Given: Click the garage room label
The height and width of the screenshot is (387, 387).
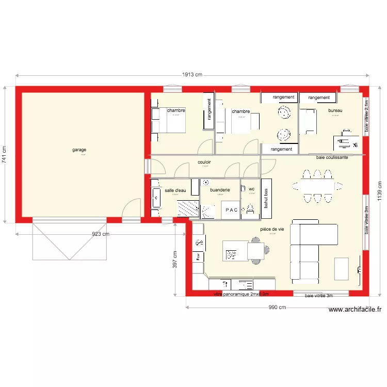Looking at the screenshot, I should [x=79, y=150].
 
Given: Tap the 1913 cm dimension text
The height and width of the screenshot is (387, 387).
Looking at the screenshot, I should [x=191, y=75].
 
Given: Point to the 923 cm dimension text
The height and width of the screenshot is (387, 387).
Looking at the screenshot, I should [x=101, y=234].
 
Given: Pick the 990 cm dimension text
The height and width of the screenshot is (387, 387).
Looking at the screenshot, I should [x=277, y=308].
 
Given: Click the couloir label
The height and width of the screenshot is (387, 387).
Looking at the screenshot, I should [x=205, y=162].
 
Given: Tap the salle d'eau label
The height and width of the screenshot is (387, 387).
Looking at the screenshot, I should [x=175, y=190].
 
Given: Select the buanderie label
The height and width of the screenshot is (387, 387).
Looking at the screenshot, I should [x=220, y=190].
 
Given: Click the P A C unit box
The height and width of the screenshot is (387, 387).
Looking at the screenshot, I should [x=231, y=211].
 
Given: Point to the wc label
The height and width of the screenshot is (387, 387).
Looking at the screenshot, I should [x=251, y=189].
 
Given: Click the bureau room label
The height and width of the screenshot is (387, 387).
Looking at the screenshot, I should [x=335, y=110].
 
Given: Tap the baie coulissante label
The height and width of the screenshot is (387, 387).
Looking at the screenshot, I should [x=332, y=157].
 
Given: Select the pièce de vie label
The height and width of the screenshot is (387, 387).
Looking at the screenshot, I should [x=272, y=229].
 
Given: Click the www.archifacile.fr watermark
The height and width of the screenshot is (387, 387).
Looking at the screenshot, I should [x=355, y=310].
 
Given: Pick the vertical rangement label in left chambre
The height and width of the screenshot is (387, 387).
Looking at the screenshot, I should [x=209, y=110].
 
